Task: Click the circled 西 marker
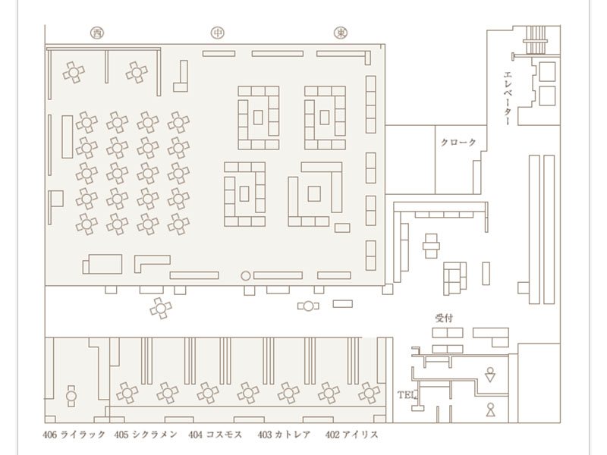point(97,33)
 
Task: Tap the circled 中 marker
point(218,33)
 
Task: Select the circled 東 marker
point(341,33)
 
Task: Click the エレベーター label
point(508,99)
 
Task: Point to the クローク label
point(458,143)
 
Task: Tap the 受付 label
point(444,318)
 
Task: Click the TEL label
point(405,395)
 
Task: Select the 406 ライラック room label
point(74,435)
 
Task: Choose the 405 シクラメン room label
point(146,435)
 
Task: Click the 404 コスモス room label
point(215,435)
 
